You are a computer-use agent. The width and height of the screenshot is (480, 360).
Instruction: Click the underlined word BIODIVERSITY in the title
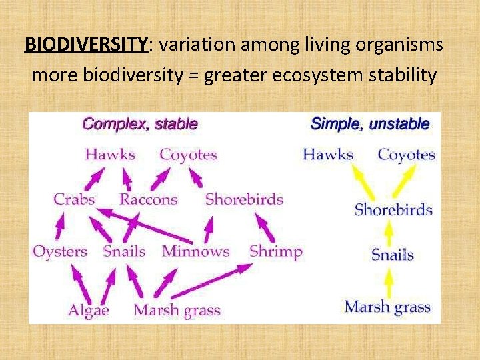85,45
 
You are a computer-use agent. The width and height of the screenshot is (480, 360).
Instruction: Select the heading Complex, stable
139,124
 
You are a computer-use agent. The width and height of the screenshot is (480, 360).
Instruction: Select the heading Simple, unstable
370,124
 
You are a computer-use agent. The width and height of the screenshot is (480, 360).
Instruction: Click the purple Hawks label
110,155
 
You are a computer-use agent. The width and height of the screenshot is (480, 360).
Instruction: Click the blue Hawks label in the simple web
327,155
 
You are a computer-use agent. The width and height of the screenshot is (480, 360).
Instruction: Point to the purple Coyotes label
188,155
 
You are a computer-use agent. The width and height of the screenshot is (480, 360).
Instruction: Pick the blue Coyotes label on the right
406,155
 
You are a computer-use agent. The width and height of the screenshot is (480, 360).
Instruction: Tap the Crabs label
75,199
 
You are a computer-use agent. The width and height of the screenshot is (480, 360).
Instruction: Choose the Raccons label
148,199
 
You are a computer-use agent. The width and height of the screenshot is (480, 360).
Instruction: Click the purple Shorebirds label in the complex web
244,199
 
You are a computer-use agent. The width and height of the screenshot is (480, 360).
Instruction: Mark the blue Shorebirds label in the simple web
393,210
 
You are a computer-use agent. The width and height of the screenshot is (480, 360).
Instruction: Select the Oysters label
60,251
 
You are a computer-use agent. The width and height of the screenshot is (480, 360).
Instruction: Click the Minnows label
195,251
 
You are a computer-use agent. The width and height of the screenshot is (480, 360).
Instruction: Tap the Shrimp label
275,251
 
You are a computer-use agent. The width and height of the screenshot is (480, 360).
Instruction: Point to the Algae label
88,310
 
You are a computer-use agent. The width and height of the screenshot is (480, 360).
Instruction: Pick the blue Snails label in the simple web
393,255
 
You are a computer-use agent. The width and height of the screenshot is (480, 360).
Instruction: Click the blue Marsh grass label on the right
387,307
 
